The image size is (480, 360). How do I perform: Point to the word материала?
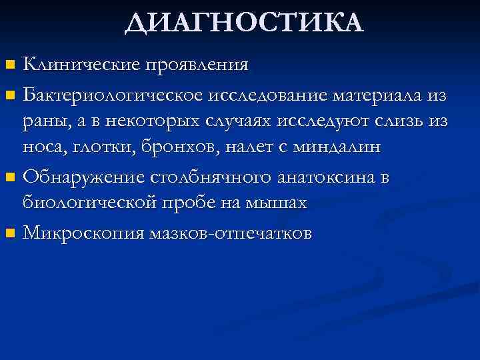click(377, 95)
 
